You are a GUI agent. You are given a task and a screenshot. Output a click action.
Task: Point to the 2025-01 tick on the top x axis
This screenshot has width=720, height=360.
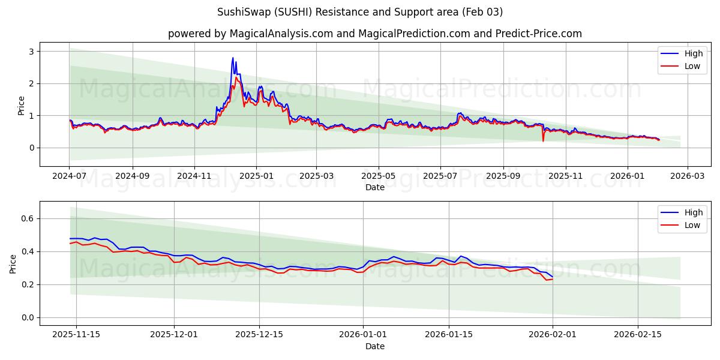[256, 176]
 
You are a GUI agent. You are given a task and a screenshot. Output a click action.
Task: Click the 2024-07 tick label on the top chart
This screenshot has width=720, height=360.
[70, 176]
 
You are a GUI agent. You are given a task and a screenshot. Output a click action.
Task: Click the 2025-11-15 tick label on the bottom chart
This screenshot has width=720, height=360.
[77, 335]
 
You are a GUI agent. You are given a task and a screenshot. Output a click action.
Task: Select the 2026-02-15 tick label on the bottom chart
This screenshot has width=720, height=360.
[638, 335]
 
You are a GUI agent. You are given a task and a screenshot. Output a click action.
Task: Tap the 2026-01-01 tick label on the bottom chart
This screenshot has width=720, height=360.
[362, 335]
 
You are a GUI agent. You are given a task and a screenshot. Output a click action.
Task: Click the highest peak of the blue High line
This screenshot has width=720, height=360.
[233, 58]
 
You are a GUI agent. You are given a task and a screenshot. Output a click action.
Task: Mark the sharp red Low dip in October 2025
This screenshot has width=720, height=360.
[543, 141]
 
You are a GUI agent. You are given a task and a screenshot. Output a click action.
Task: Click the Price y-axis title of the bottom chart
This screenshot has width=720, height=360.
[13, 263]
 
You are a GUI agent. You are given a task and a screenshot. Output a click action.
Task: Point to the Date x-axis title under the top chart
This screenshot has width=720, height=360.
[375, 187]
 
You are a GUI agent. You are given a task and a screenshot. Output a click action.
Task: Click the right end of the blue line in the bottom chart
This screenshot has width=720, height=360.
[553, 277]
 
